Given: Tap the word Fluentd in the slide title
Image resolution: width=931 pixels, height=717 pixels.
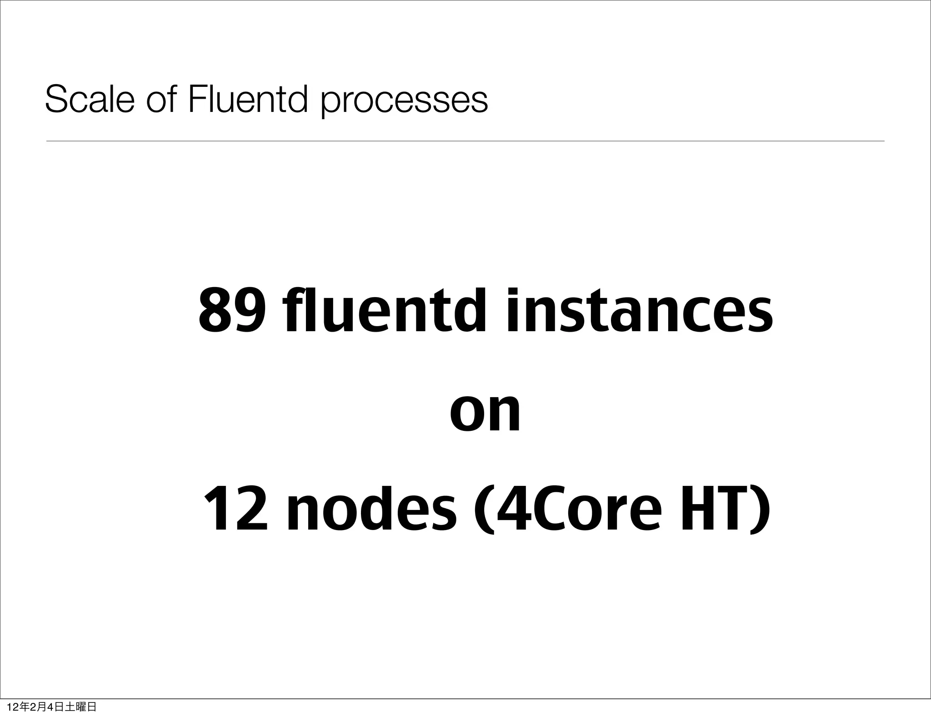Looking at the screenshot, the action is (248, 99).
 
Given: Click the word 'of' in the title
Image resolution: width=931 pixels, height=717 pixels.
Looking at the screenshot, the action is (161, 99).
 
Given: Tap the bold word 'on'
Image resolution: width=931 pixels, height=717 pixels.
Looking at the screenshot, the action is (485, 412).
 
